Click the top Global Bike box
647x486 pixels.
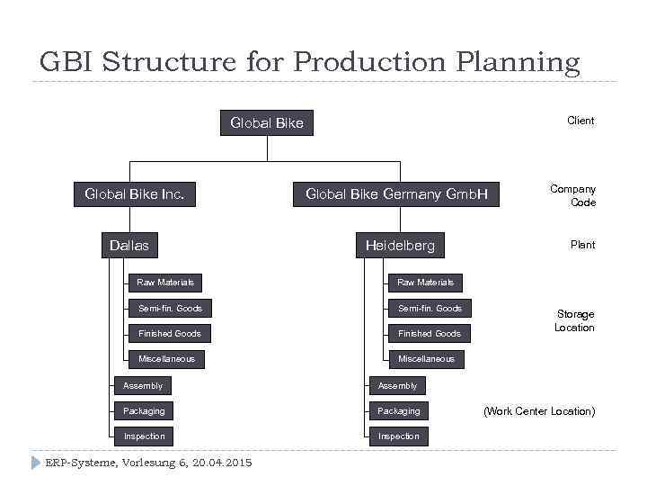point(267,122)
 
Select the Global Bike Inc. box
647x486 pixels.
point(134,193)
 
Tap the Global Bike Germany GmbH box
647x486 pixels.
point(396,193)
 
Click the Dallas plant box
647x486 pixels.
point(129,245)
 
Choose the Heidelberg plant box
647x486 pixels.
point(400,245)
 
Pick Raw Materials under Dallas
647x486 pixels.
point(165,283)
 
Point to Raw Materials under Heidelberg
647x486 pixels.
point(426,283)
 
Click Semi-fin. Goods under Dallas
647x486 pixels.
point(170,309)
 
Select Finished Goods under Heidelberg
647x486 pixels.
point(430,334)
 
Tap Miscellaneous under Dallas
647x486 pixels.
point(166,359)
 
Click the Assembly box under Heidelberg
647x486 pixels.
point(397,386)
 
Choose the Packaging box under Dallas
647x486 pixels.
point(144,411)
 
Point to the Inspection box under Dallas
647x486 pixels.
point(144,436)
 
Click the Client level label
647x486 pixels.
point(581,121)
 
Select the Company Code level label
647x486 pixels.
point(573,195)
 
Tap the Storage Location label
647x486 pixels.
point(575,320)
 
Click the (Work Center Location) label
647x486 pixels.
point(539,411)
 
